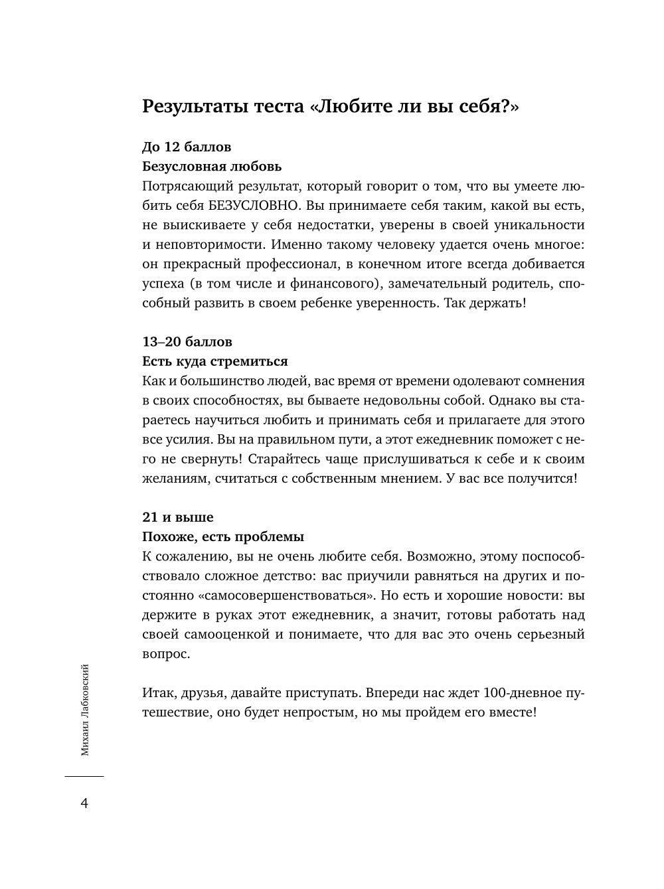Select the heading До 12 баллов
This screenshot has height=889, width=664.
pos(187,146)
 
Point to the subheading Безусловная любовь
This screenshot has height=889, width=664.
pos(212,166)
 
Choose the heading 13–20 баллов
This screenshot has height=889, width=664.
pos(187,342)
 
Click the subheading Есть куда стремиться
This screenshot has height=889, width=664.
pos(215,361)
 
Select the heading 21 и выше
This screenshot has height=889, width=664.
pos(178,517)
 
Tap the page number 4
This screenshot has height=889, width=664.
pos(84,803)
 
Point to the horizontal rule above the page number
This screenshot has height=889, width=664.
pos(84,775)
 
